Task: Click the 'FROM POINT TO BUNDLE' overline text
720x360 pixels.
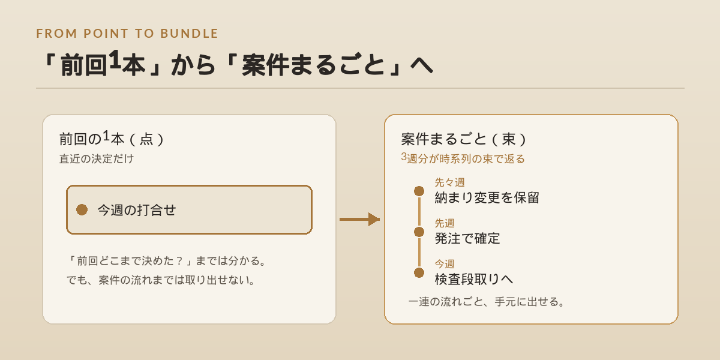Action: click(x=127, y=34)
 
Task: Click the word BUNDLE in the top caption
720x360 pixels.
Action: click(x=190, y=34)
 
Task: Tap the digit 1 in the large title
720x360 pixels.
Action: click(x=115, y=59)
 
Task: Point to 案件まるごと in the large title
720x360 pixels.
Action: click(x=313, y=65)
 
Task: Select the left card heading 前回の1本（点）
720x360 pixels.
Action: click(x=111, y=139)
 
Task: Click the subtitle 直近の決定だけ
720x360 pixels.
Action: click(x=97, y=159)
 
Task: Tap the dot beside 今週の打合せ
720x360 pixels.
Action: click(x=82, y=209)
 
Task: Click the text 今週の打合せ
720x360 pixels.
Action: click(x=137, y=210)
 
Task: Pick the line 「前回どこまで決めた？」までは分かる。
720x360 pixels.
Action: click(x=167, y=260)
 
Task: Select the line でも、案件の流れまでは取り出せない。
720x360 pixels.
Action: click(x=161, y=280)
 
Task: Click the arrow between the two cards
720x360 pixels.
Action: click(x=359, y=219)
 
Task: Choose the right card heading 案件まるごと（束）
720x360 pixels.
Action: click(x=463, y=139)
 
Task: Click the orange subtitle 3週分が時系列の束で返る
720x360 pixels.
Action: click(x=463, y=158)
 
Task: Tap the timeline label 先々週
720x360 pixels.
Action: click(x=449, y=182)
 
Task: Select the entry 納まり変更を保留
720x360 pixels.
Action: click(x=487, y=197)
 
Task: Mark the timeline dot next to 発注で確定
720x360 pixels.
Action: click(x=419, y=232)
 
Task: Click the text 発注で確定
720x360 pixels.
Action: click(x=467, y=238)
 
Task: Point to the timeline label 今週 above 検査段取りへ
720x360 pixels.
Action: click(x=445, y=264)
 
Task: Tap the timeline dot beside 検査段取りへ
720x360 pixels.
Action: click(x=419, y=272)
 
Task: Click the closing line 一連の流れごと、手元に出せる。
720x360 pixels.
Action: click(x=487, y=301)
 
